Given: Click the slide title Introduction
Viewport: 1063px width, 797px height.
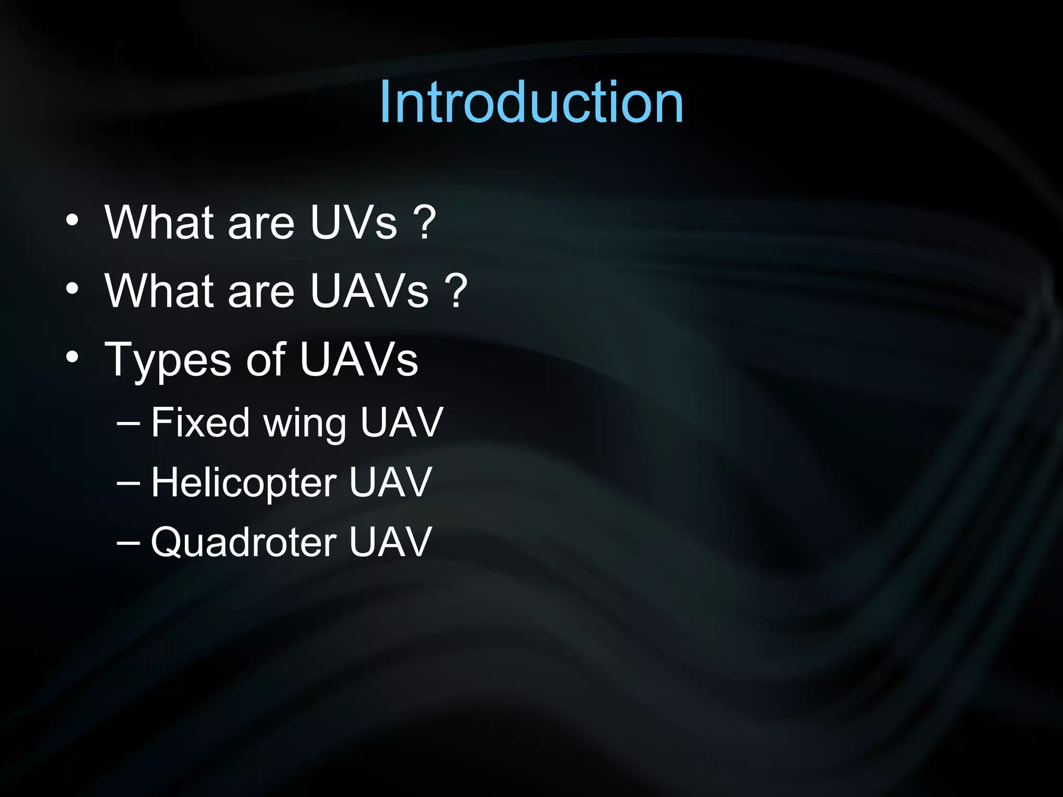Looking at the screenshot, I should pyautogui.click(x=531, y=102).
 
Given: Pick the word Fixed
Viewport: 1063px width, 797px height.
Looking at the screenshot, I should pyautogui.click(x=200, y=422).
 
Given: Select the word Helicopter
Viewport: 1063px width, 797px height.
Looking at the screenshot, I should pyautogui.click(x=243, y=483).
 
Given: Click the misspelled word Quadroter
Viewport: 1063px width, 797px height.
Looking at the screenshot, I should pyautogui.click(x=243, y=543).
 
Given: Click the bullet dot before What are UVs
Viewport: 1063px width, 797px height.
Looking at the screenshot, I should pyautogui.click(x=72, y=220).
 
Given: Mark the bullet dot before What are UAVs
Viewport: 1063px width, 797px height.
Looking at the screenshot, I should pyautogui.click(x=72, y=288).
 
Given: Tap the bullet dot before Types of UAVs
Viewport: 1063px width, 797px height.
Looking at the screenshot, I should pyautogui.click(x=72, y=357).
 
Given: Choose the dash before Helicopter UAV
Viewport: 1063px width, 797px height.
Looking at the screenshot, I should pyautogui.click(x=128, y=483).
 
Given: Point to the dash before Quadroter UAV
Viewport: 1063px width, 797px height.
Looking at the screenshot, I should pyautogui.click(x=128, y=543).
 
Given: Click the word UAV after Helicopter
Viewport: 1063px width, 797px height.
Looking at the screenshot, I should pyautogui.click(x=390, y=483).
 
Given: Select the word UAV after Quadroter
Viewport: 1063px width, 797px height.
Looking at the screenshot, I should pyautogui.click(x=390, y=542).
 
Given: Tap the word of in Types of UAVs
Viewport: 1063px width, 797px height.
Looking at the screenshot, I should pyautogui.click(x=265, y=359).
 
